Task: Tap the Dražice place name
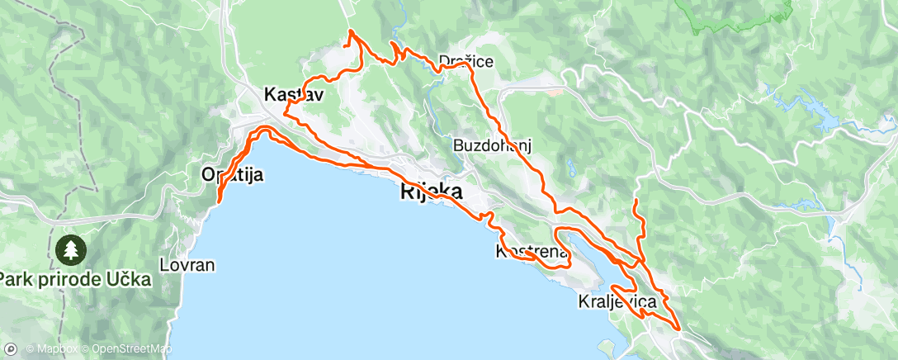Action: click(x=466, y=61)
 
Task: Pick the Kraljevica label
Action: click(x=617, y=302)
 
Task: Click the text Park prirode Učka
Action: click(x=76, y=280)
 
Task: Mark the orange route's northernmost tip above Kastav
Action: click(x=352, y=31)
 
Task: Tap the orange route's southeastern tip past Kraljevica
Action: click(x=678, y=329)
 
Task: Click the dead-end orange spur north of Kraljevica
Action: click(x=636, y=200)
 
